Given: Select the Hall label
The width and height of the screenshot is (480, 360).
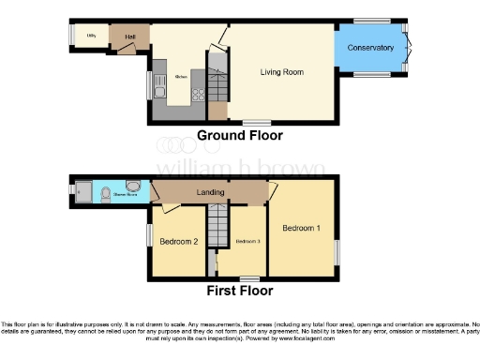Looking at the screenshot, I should [x=130, y=37].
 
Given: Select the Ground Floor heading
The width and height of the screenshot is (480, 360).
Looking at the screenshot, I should [x=240, y=136].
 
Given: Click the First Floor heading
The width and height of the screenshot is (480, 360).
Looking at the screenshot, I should [x=239, y=290].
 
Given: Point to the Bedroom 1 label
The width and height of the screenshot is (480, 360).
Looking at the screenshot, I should [x=302, y=228].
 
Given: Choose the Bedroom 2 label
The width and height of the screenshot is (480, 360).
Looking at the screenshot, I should [x=178, y=242].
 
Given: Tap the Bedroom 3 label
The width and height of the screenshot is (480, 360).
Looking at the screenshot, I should [x=247, y=242].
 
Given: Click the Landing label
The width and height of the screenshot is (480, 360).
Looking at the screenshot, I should [x=210, y=193].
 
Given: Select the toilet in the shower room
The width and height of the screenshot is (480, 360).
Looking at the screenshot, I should [x=107, y=194].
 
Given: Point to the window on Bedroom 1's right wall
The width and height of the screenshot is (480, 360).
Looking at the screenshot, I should [x=337, y=253].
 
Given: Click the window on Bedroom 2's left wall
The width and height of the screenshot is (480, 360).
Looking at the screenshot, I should [x=148, y=234].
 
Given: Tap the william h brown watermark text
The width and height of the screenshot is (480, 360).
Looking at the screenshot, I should [x=239, y=169].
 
